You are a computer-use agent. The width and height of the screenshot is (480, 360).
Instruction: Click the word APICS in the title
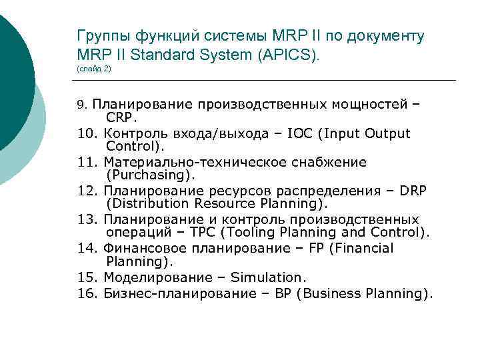click(x=291, y=54)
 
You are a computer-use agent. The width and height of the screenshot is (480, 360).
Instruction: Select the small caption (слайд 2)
click(x=94, y=69)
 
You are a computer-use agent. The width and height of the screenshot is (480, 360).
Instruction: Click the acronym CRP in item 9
click(x=121, y=118)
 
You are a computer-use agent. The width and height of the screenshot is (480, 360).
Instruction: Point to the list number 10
click(x=87, y=133)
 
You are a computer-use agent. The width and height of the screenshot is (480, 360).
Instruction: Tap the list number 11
click(x=87, y=162)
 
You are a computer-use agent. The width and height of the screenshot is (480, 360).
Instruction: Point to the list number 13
click(x=87, y=219)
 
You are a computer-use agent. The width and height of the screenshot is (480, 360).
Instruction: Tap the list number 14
click(x=87, y=248)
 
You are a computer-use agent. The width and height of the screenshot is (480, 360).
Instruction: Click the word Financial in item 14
click(x=365, y=248)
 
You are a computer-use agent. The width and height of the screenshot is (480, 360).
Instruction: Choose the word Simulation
click(x=267, y=277)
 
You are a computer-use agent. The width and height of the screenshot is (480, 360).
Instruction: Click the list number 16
click(x=87, y=293)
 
